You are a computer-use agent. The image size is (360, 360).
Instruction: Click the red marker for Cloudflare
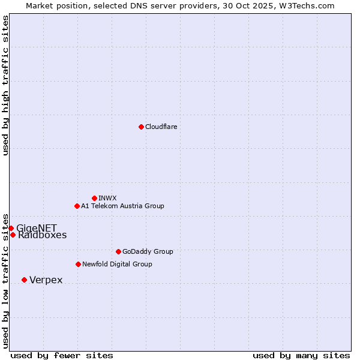[x=141, y=127]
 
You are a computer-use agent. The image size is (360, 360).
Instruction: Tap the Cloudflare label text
[x=161, y=127]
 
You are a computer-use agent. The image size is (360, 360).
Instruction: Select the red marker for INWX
[x=94, y=198]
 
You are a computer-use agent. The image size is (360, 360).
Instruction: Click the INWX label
[x=107, y=198]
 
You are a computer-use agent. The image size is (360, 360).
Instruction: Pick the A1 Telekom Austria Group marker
[x=77, y=206]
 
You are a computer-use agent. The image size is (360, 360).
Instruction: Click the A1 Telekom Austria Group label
[x=122, y=206]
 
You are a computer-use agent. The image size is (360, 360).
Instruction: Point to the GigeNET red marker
[x=11, y=228]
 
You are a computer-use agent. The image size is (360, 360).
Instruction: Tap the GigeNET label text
[x=37, y=228]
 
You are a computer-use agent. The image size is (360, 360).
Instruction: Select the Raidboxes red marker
[x=13, y=235]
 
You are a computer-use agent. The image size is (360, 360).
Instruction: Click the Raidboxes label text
[x=43, y=235]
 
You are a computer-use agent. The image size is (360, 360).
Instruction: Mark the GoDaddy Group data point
[x=118, y=251]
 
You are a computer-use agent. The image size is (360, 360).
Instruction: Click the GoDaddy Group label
[x=148, y=251]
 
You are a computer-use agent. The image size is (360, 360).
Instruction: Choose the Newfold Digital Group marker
[x=78, y=264]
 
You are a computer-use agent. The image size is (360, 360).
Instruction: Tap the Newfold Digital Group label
[x=117, y=264]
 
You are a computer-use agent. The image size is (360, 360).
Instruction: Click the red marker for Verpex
[x=24, y=280]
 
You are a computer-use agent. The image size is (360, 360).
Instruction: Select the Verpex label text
[x=46, y=280]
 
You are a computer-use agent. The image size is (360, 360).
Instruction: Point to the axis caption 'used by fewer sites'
[x=62, y=355]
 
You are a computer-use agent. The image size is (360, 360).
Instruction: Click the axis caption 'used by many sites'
[x=301, y=355]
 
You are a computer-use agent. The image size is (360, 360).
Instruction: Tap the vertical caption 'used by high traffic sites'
[x=5, y=85]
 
